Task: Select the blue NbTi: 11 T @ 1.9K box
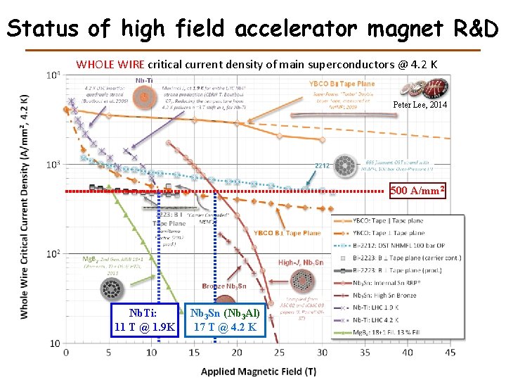(x=144, y=319)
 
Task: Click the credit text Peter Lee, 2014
(x=420, y=104)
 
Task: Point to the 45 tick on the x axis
(x=451, y=352)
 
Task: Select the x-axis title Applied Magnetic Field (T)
(x=258, y=371)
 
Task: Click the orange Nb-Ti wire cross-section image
(x=145, y=98)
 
